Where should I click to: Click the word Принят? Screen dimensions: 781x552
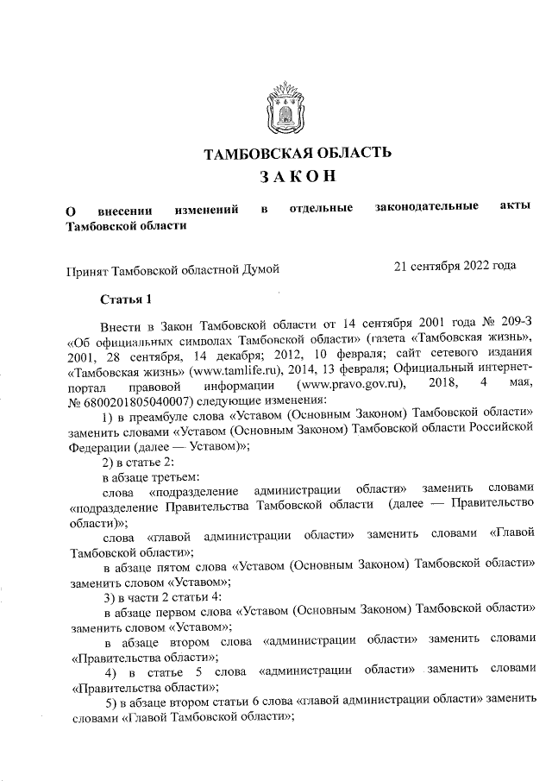point(89,270)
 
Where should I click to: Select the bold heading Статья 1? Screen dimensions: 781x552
point(125,300)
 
